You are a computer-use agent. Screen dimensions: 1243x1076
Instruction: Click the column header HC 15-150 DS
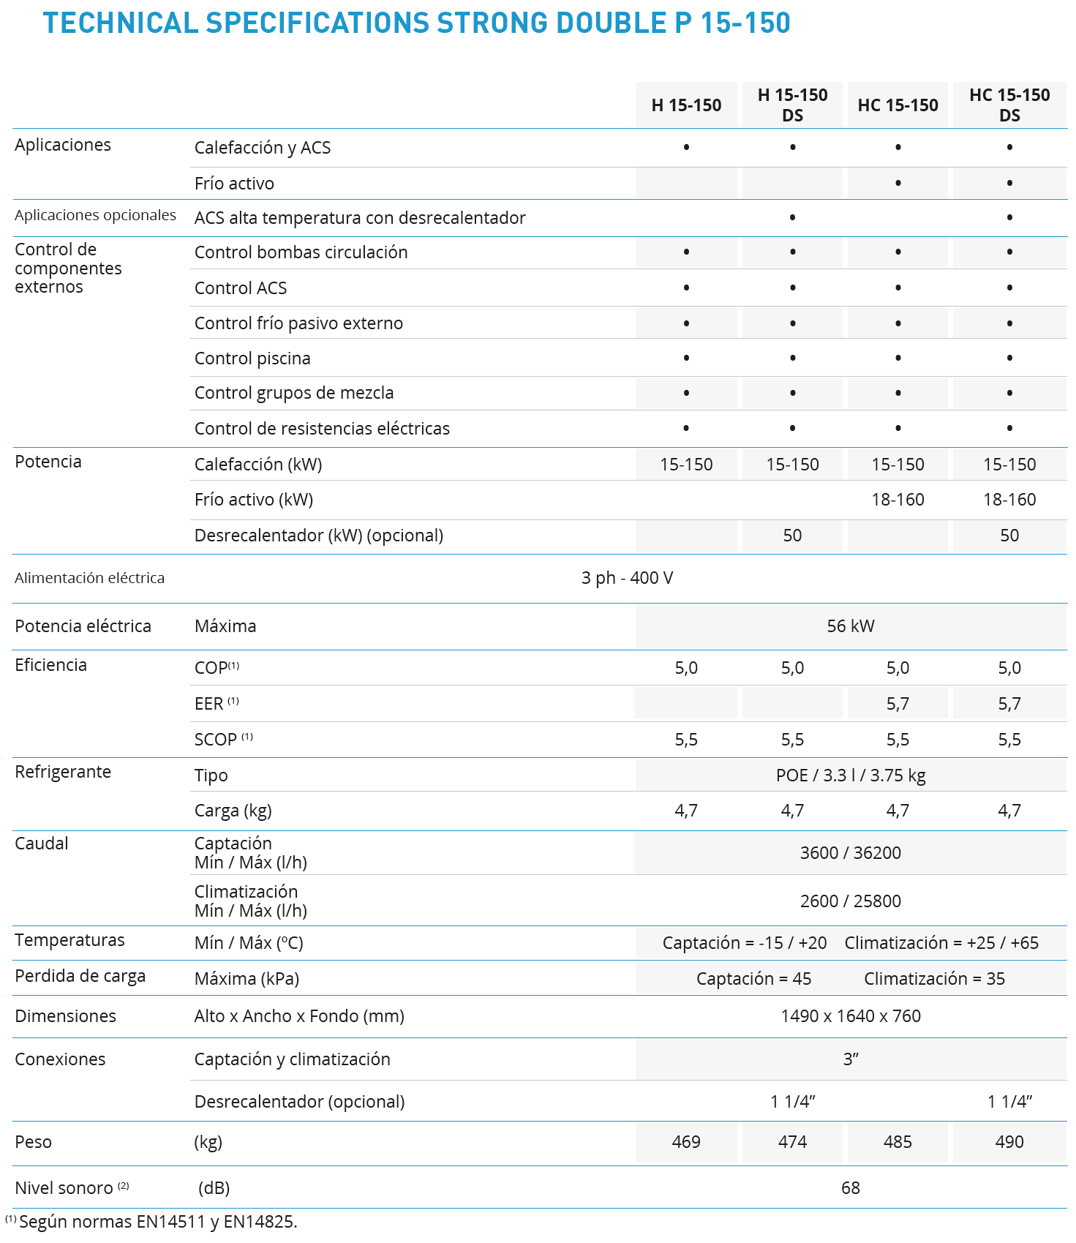pyautogui.click(x=1009, y=105)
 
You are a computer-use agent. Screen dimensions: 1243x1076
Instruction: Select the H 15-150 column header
pyautogui.click(x=686, y=105)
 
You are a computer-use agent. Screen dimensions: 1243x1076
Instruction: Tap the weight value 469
pyautogui.click(x=686, y=1142)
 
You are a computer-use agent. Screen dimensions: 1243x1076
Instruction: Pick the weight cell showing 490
pyautogui.click(x=1009, y=1142)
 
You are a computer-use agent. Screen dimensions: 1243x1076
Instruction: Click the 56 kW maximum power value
pyautogui.click(x=850, y=626)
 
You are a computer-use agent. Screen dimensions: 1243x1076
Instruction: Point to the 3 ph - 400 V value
pyautogui.click(x=627, y=578)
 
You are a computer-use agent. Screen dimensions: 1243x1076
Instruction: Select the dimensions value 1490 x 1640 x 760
pyautogui.click(x=850, y=1016)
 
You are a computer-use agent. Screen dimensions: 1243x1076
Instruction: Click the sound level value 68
pyautogui.click(x=850, y=1188)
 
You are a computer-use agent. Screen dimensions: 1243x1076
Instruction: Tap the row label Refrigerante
pyautogui.click(x=63, y=772)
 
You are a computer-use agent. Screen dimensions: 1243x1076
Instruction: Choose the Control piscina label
pyautogui.click(x=252, y=358)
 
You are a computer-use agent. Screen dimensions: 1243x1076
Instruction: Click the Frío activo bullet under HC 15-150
pyautogui.click(x=898, y=183)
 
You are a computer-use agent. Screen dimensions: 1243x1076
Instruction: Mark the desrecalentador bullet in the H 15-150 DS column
pyautogui.click(x=792, y=217)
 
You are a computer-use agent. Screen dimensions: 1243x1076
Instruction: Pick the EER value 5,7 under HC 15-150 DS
pyautogui.click(x=1009, y=704)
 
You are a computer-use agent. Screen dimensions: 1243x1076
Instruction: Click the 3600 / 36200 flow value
pyautogui.click(x=850, y=853)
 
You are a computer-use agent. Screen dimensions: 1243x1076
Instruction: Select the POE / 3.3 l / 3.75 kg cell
pyautogui.click(x=850, y=776)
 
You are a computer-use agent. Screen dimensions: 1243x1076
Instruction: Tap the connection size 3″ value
pyautogui.click(x=850, y=1059)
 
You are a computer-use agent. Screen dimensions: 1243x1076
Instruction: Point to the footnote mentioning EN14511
pyautogui.click(x=158, y=1222)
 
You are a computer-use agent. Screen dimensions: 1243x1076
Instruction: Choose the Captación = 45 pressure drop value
pyautogui.click(x=753, y=979)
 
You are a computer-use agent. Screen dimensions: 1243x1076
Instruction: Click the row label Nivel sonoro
pyautogui.click(x=64, y=1188)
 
